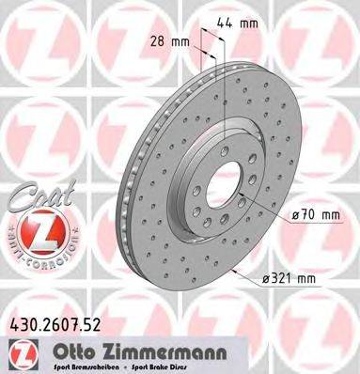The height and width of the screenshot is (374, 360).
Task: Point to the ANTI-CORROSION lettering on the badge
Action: pyautogui.click(x=35, y=255)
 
